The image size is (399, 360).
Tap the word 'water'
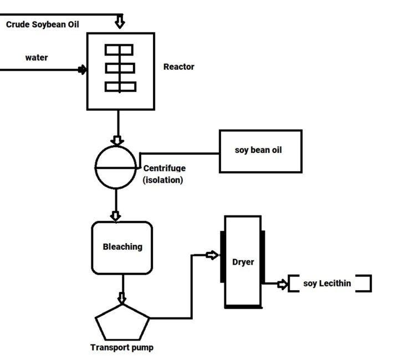(x=37, y=58)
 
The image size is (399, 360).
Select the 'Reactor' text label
(x=178, y=67)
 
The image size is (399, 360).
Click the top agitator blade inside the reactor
(x=119, y=50)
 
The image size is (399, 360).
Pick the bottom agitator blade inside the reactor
(x=120, y=86)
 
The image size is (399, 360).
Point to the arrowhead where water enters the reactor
(x=83, y=70)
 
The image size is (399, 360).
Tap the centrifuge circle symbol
(x=116, y=167)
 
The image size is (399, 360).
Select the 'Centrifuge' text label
(x=164, y=168)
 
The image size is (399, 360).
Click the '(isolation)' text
(x=163, y=180)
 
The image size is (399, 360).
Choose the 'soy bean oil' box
(x=260, y=151)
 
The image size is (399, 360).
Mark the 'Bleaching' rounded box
(x=122, y=247)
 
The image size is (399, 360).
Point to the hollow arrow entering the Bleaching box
(x=116, y=215)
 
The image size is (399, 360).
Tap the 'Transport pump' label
(x=122, y=348)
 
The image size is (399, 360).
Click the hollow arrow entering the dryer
(x=212, y=255)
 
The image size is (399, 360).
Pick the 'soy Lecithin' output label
(x=327, y=284)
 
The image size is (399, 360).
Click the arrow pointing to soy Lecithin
(x=282, y=284)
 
